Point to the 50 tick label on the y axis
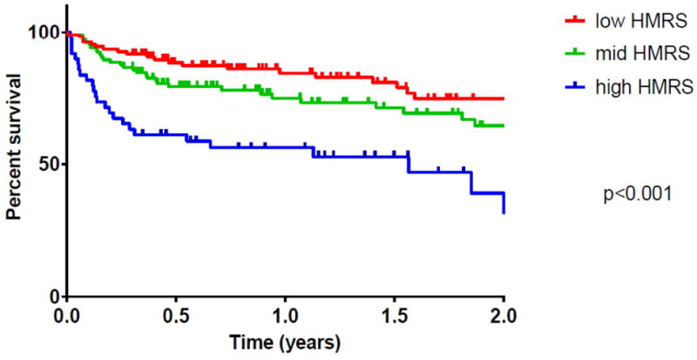(x=48, y=165)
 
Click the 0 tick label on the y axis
(x=53, y=296)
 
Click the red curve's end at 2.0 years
(x=504, y=98)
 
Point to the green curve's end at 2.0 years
(x=504, y=126)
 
